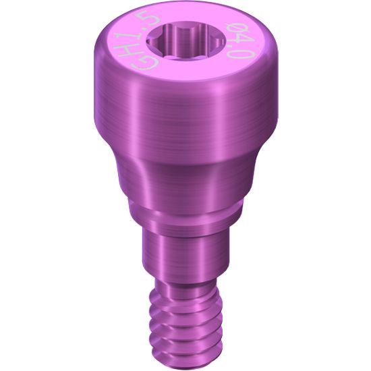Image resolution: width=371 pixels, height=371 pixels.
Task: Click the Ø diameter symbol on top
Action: coord(234,30)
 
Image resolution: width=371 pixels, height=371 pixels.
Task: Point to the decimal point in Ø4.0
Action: coord(237,49)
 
